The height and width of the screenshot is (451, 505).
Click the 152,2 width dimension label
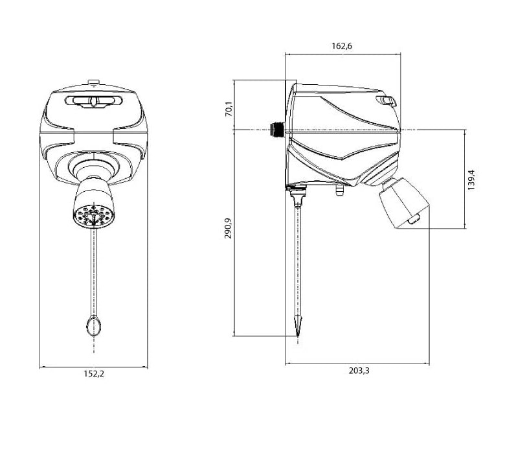coord(94,374)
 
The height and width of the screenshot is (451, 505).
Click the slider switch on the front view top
coord(93,101)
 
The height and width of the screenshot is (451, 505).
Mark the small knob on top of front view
coord(93,82)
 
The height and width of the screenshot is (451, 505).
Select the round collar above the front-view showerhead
coord(93,170)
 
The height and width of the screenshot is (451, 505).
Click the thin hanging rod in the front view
coord(93,272)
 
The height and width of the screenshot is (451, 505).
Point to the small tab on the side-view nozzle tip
coord(412,222)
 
